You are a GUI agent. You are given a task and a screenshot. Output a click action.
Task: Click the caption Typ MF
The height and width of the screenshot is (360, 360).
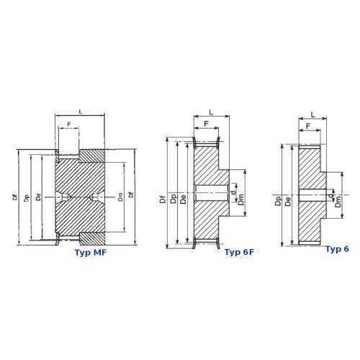click(91, 253)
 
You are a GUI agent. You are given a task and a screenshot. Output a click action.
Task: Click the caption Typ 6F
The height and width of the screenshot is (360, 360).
click(239, 252)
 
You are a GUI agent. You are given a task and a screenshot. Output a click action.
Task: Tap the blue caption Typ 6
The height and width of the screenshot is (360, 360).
click(337, 249)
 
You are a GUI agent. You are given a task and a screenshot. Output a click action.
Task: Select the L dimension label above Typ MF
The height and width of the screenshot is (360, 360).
click(81, 112)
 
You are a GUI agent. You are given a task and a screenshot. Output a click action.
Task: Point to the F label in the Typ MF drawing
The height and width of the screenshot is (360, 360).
click(69, 125)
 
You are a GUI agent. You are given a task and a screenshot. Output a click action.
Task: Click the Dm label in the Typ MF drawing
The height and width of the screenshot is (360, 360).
click(120, 197)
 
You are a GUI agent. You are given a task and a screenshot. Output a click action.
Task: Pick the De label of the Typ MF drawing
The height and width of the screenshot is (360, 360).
click(38, 197)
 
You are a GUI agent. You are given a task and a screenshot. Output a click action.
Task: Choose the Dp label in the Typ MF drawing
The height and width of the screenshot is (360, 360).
click(27, 198)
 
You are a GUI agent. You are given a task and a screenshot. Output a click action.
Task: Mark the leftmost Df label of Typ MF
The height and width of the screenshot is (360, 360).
click(15, 197)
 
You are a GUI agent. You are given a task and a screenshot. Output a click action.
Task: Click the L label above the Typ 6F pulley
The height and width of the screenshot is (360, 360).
click(211, 112)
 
